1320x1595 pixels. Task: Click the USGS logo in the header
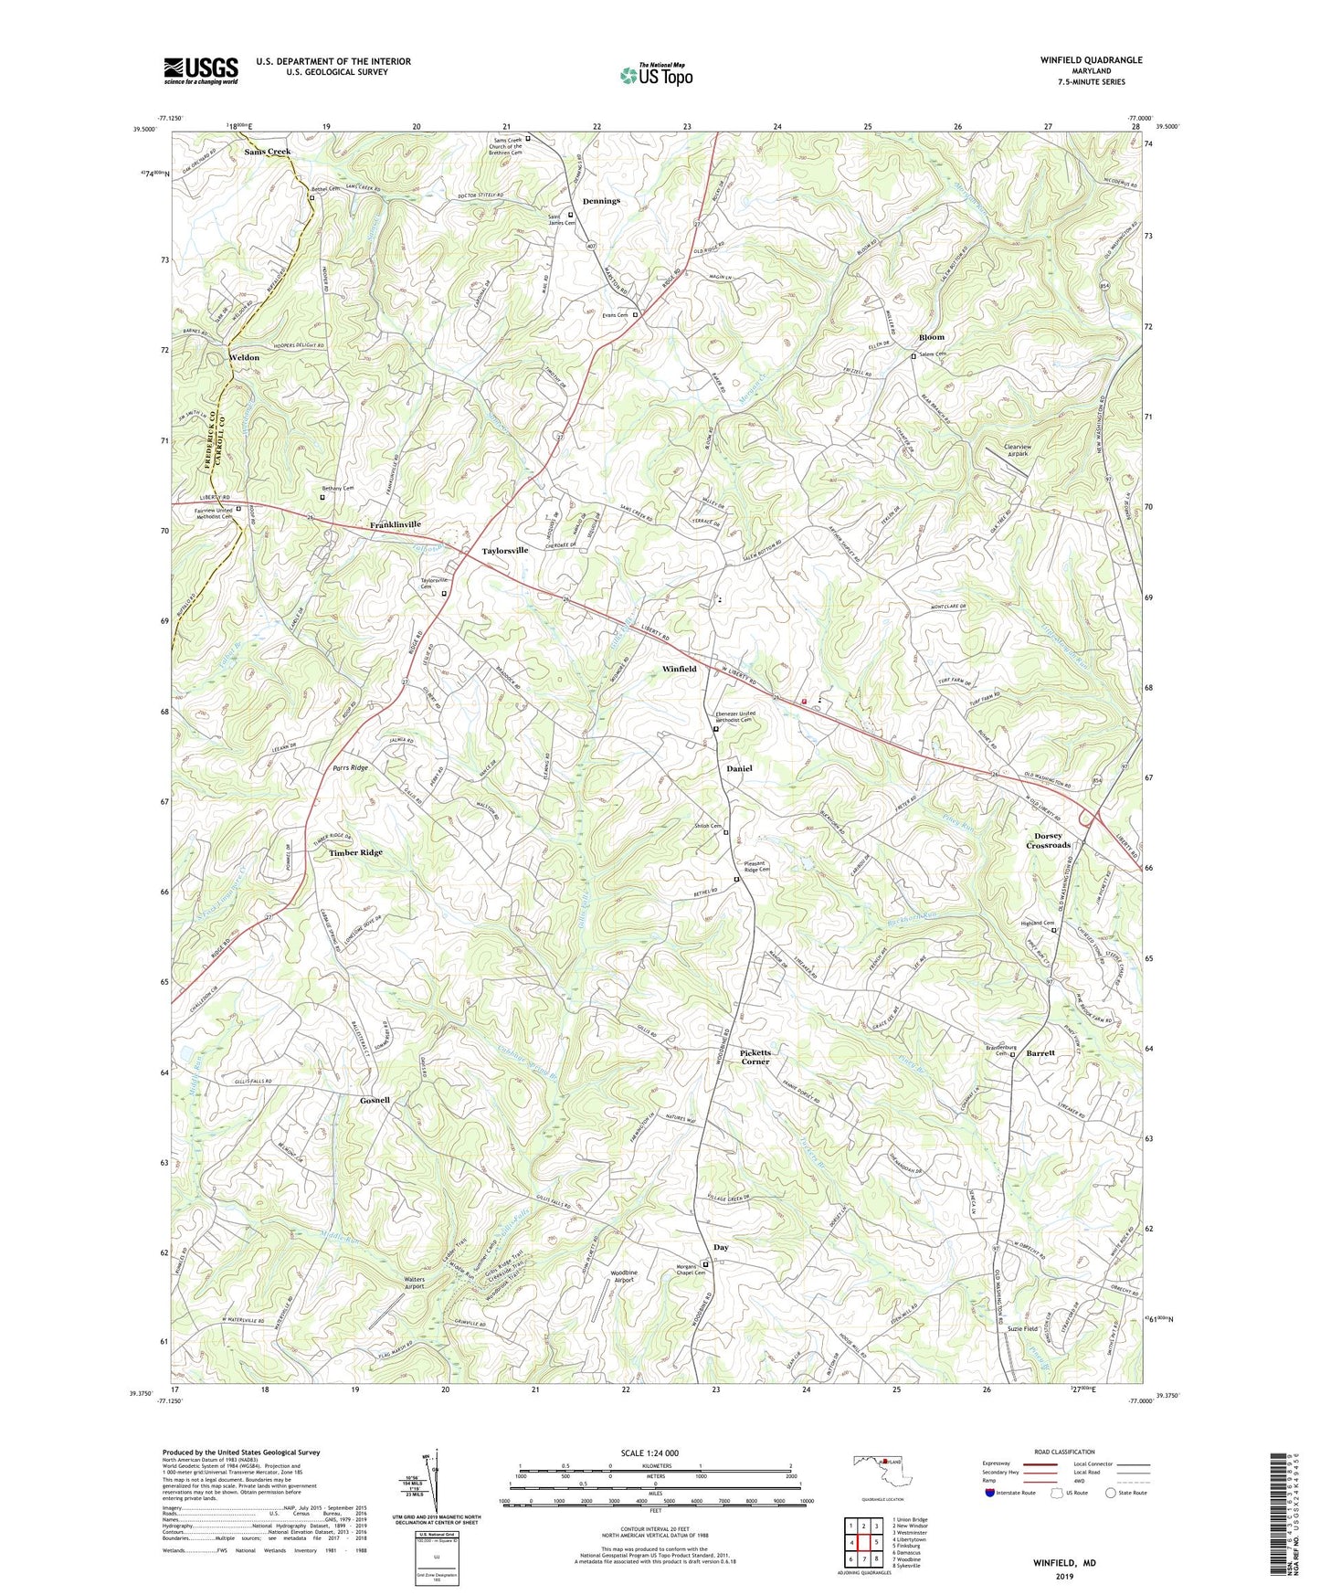point(201,69)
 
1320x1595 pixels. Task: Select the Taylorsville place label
point(505,551)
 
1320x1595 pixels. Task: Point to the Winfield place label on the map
point(679,669)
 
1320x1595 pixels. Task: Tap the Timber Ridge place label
point(355,852)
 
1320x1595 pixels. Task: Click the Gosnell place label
point(375,1100)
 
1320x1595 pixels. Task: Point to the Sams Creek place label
point(267,152)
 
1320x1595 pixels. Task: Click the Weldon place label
point(244,357)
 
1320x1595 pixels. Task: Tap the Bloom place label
point(932,337)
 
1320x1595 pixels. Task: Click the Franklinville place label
point(395,525)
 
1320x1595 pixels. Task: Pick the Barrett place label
point(1040,1052)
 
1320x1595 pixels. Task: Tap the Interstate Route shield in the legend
point(991,1492)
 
